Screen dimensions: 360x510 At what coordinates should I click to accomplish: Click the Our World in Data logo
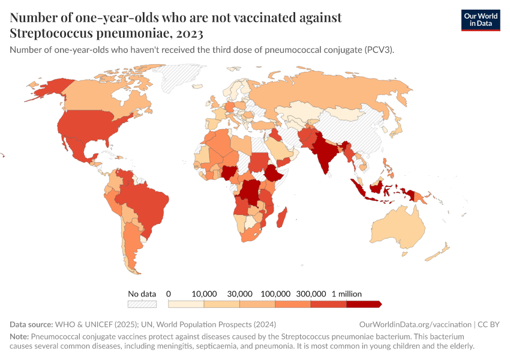[x=480, y=19]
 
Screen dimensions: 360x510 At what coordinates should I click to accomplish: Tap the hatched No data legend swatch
[x=142, y=304]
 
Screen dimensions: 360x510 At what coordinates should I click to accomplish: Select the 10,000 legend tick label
[x=204, y=293]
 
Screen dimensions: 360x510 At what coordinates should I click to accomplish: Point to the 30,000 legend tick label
[x=239, y=293]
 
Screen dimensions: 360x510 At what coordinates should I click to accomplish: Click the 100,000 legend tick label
[x=275, y=293]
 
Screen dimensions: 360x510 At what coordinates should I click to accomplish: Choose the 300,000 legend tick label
[x=311, y=293]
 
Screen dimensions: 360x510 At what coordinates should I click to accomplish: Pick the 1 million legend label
[x=347, y=293]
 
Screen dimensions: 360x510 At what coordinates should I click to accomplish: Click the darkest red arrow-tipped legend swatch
[x=364, y=304]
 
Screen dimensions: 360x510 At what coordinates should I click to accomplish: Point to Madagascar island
[x=281, y=217]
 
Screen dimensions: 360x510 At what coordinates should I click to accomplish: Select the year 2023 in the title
[x=189, y=32]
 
